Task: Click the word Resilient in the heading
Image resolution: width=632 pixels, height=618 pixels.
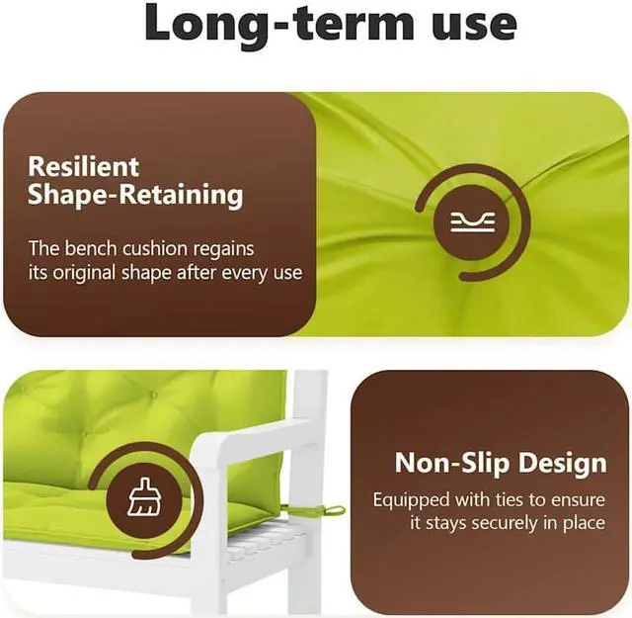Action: click(83, 166)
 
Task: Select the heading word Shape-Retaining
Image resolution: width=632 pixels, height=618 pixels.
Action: click(135, 195)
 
